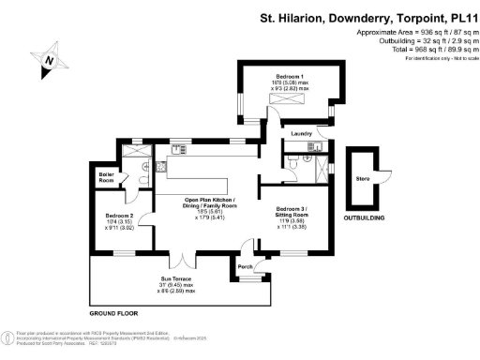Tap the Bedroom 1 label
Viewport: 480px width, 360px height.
point(290,75)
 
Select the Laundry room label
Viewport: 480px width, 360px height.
point(302,134)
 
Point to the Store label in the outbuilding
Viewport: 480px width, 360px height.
point(362,178)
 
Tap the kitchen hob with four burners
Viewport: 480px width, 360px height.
point(161,166)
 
